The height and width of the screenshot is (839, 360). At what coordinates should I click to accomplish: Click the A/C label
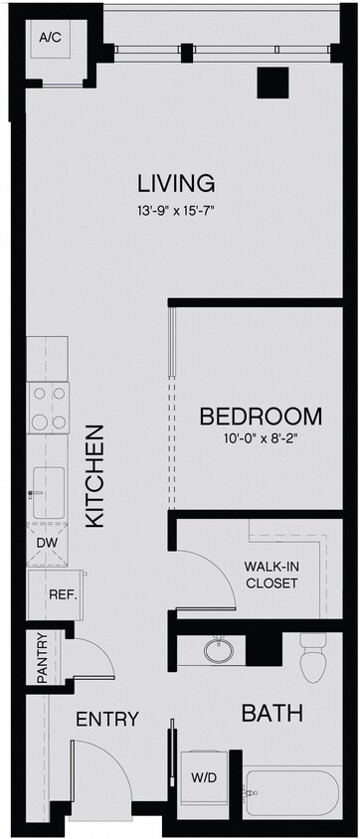[x=49, y=38]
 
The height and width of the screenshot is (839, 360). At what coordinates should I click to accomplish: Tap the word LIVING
[x=176, y=183]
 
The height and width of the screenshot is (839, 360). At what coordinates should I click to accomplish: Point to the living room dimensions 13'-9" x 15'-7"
[x=176, y=210]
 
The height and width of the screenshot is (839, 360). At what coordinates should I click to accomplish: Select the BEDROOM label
[x=261, y=417]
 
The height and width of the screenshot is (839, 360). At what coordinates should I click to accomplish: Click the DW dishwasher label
[x=46, y=543]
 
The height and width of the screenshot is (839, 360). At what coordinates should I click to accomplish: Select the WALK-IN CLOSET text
[x=271, y=575]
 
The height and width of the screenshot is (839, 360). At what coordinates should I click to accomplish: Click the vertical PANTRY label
[x=43, y=657]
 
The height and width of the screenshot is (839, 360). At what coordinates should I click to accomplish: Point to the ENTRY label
[x=106, y=719]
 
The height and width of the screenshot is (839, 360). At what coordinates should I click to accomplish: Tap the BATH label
[x=271, y=713]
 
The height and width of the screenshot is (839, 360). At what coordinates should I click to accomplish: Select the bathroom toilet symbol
[x=312, y=658]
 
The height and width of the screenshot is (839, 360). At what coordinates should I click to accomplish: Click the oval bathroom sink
[x=218, y=651]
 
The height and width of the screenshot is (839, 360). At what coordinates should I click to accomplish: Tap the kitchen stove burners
[x=49, y=408]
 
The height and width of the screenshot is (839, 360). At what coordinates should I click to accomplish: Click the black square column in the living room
[x=272, y=83]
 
